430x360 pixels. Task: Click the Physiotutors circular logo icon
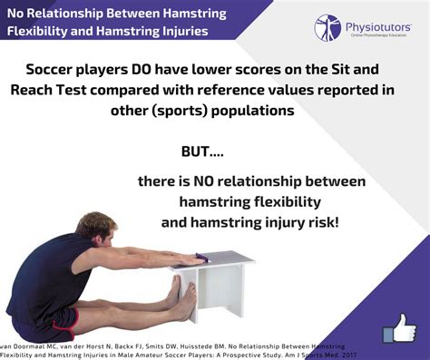pyautogui.click(x=327, y=26)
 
